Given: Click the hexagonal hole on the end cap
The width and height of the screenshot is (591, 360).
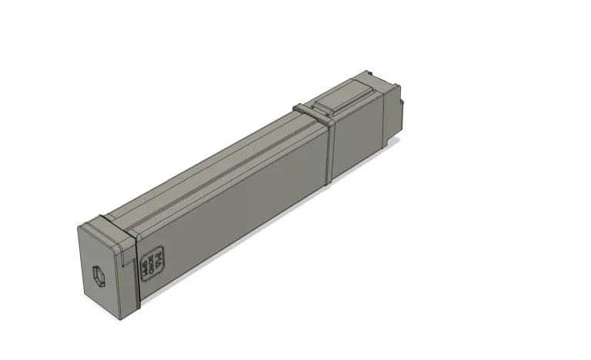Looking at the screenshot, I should [98, 275].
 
